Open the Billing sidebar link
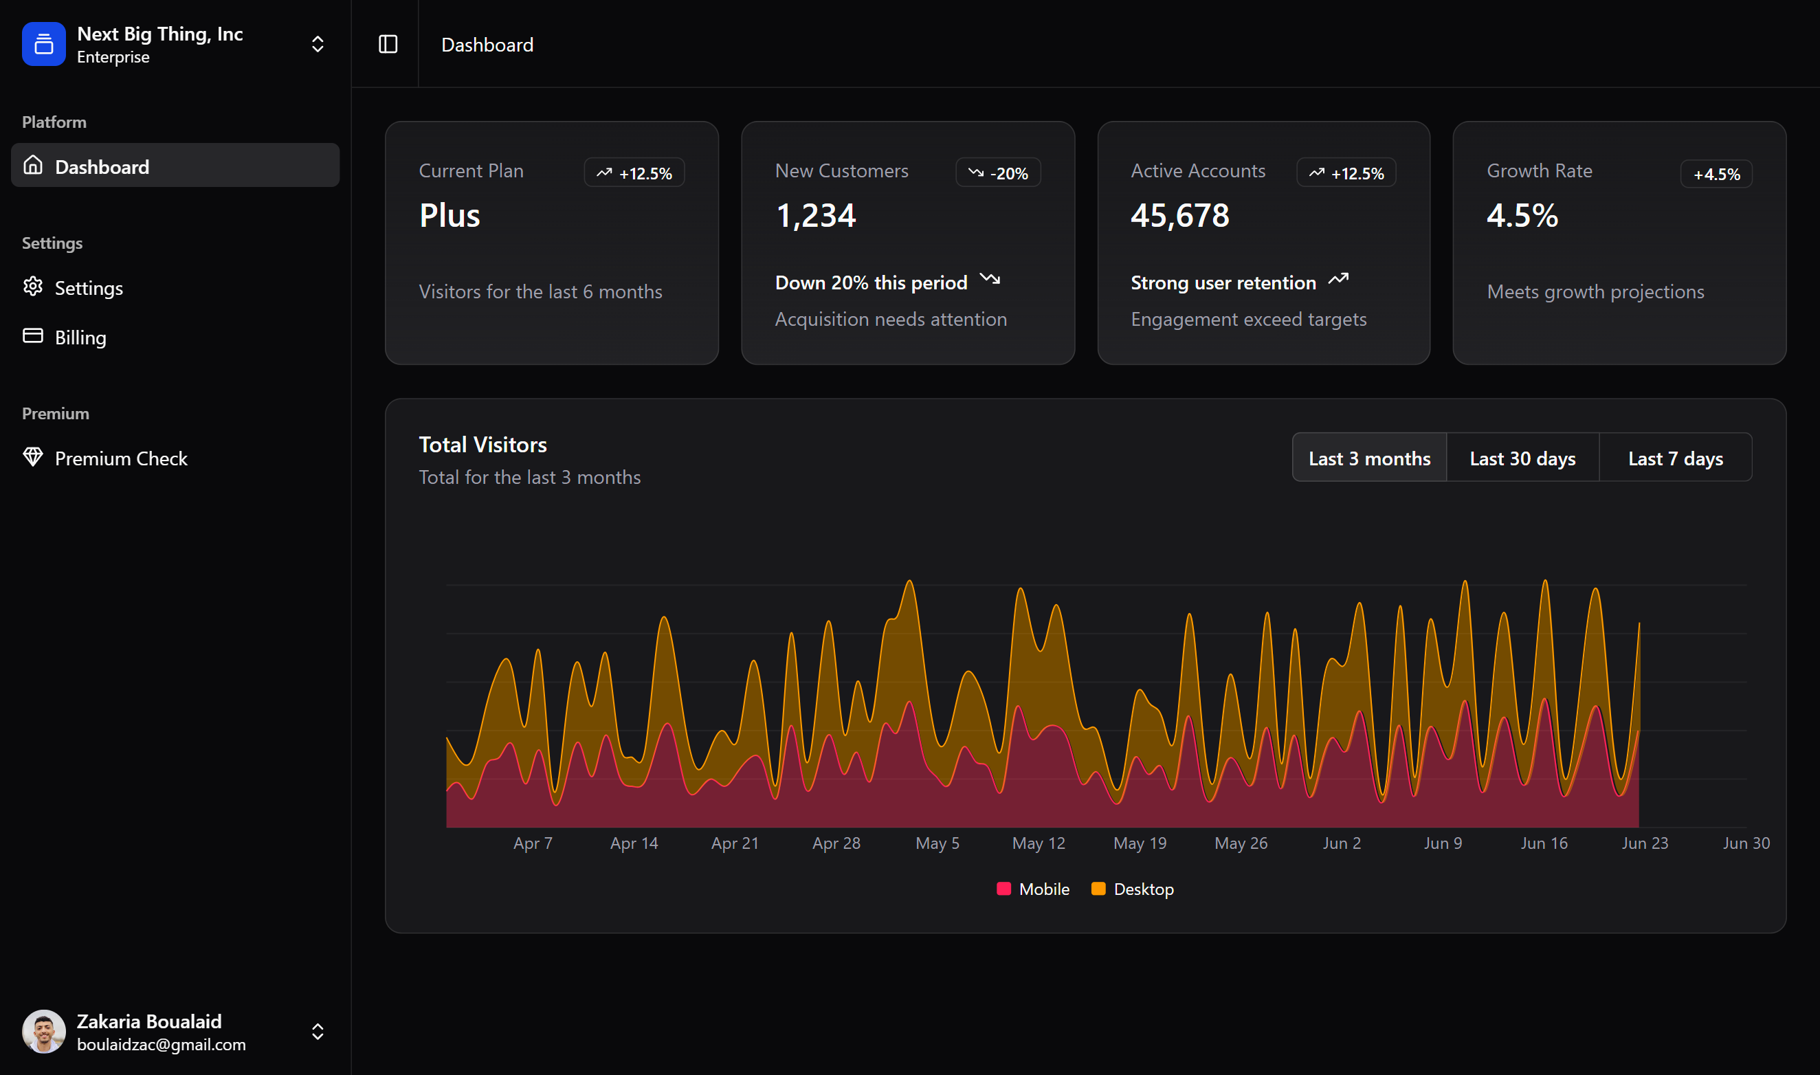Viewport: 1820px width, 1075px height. pos(80,337)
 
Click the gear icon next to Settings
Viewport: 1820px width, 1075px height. pos(32,287)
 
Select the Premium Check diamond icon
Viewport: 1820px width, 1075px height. pos(32,457)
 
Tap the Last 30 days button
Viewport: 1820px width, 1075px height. pos(1522,458)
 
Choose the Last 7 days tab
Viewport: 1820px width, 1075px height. pos(1674,458)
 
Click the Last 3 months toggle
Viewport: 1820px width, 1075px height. pos(1369,458)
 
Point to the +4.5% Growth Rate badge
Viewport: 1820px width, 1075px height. pos(1715,174)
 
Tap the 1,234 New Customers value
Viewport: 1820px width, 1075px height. pos(814,215)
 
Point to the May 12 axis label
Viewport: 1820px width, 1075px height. pos(1038,843)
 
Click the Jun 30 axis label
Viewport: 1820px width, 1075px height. pos(1745,843)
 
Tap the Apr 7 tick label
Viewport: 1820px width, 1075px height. pos(532,843)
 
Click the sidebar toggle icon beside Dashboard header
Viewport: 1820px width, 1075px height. pos(388,44)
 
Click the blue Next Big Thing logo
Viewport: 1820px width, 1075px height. pos(43,44)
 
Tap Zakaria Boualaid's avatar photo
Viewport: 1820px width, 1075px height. pos(43,1032)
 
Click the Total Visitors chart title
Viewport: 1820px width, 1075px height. pos(482,444)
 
